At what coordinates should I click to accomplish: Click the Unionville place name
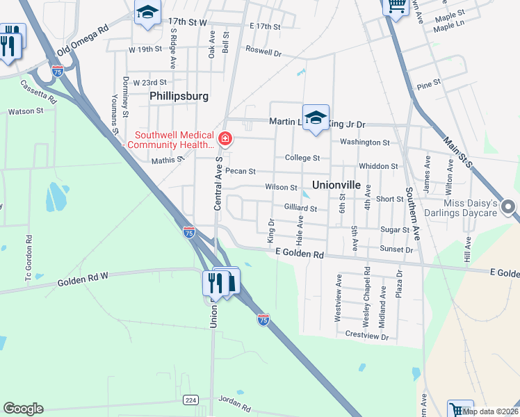336,186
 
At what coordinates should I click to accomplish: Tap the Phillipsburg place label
179,96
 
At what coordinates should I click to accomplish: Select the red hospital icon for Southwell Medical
225,140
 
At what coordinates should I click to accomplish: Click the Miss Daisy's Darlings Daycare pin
508,207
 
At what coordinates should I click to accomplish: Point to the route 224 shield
190,400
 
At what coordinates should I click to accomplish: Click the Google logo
23,409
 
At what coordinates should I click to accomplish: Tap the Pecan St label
241,171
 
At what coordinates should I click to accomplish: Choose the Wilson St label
281,188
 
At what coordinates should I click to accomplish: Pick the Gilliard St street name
300,208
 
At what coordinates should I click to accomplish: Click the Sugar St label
394,229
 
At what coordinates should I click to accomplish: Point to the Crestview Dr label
366,335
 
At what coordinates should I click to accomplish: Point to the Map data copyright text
491,411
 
